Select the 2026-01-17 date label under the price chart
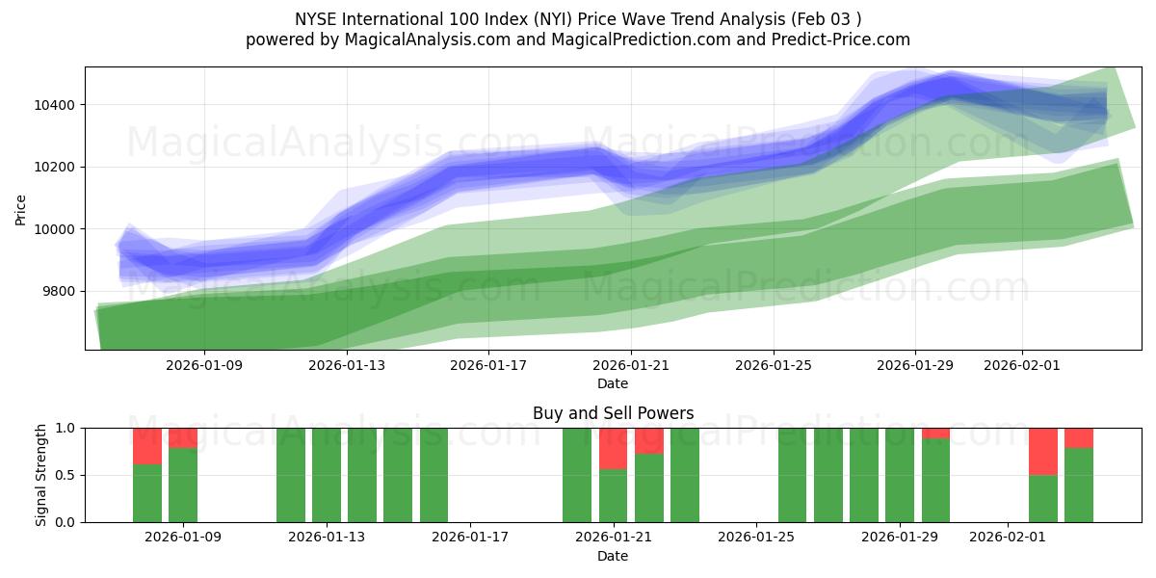tap(488, 366)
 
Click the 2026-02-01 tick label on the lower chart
tap(1007, 538)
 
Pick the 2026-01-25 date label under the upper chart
tap(773, 366)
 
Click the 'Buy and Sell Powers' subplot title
tap(613, 413)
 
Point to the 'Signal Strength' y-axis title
tap(41, 475)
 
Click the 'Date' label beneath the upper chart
tap(613, 383)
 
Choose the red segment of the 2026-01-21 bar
tap(614, 448)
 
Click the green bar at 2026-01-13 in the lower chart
tap(327, 475)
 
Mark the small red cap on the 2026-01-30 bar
tap(935, 433)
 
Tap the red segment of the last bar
tap(1079, 437)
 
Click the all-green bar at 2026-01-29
tap(900, 475)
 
